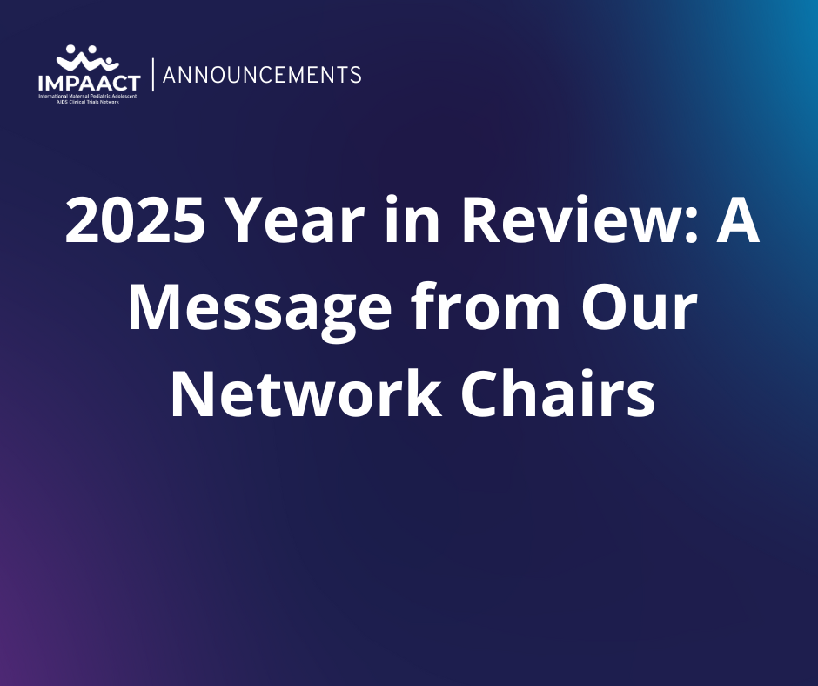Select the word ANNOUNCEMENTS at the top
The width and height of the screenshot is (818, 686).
pyautogui.click(x=262, y=75)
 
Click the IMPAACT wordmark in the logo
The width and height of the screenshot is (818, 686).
pyautogui.click(x=90, y=84)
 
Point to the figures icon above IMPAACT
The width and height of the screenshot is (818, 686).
pyautogui.click(x=87, y=59)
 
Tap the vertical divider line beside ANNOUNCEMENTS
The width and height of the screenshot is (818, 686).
pyautogui.click(x=153, y=75)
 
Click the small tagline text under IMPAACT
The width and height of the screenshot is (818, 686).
pyautogui.click(x=88, y=99)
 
